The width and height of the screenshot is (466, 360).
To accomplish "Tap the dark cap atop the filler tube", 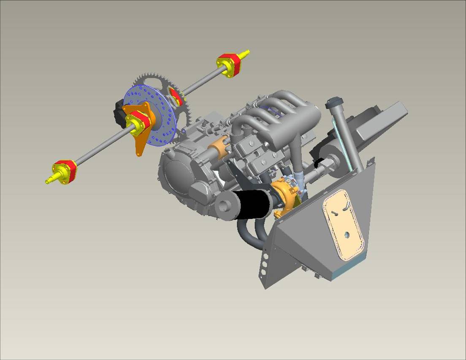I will pyautogui.click(x=333, y=103).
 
